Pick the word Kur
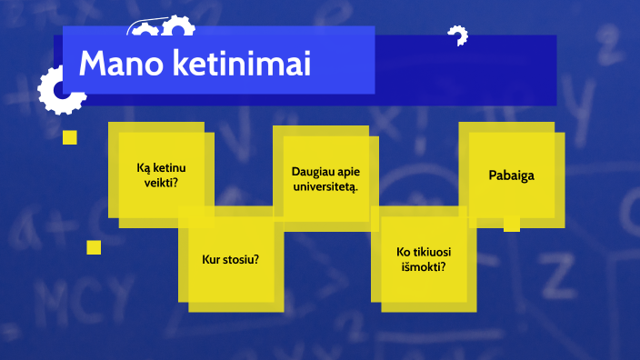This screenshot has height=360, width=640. tap(211, 259)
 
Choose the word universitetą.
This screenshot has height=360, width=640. tap(325, 186)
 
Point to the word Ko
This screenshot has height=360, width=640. tap(404, 252)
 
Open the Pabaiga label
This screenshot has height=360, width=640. tap(511, 175)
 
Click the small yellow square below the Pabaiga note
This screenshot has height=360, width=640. tap(511, 224)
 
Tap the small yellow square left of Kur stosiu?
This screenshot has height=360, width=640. tap(94, 247)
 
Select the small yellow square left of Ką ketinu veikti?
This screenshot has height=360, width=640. tap(69, 137)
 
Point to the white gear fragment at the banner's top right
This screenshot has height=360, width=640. tap(457, 36)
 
